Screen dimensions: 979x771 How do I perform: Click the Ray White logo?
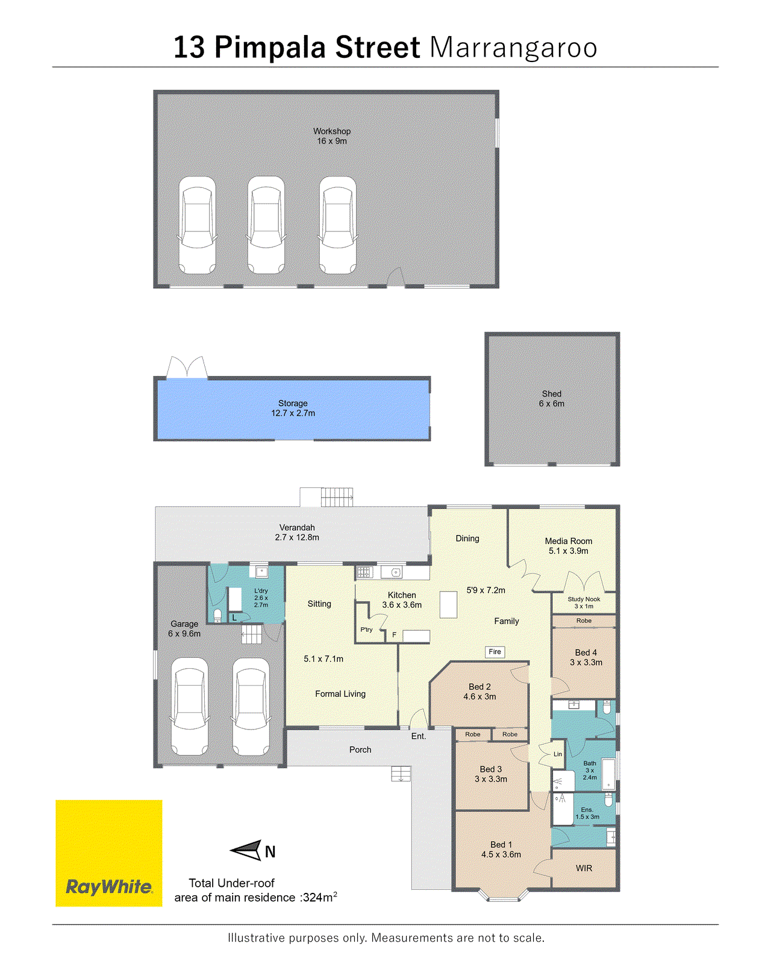coord(109,852)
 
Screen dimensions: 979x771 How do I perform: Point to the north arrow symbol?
coord(246,850)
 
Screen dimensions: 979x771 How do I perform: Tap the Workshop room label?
coord(331,131)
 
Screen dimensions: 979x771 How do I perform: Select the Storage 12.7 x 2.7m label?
coord(293,408)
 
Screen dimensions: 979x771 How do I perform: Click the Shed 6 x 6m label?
coord(551,399)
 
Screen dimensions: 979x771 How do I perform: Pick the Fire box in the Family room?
coord(495,652)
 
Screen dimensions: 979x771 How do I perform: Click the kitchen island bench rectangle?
coord(448,605)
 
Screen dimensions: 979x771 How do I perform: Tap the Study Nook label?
coord(584,599)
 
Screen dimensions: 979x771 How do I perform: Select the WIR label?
coord(584,868)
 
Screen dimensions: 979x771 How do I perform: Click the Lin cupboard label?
coord(558,754)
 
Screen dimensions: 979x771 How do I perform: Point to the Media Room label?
coord(569,541)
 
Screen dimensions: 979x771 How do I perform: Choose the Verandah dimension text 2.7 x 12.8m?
coord(297,537)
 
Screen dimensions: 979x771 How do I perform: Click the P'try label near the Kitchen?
coord(366,630)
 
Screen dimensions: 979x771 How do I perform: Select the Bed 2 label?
coord(479,687)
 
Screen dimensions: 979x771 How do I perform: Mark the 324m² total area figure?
coord(319,897)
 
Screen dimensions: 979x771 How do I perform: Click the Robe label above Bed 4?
coord(584,621)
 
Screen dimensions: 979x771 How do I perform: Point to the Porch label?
coord(360,749)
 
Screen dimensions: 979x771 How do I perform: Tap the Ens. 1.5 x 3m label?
coord(587,813)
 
